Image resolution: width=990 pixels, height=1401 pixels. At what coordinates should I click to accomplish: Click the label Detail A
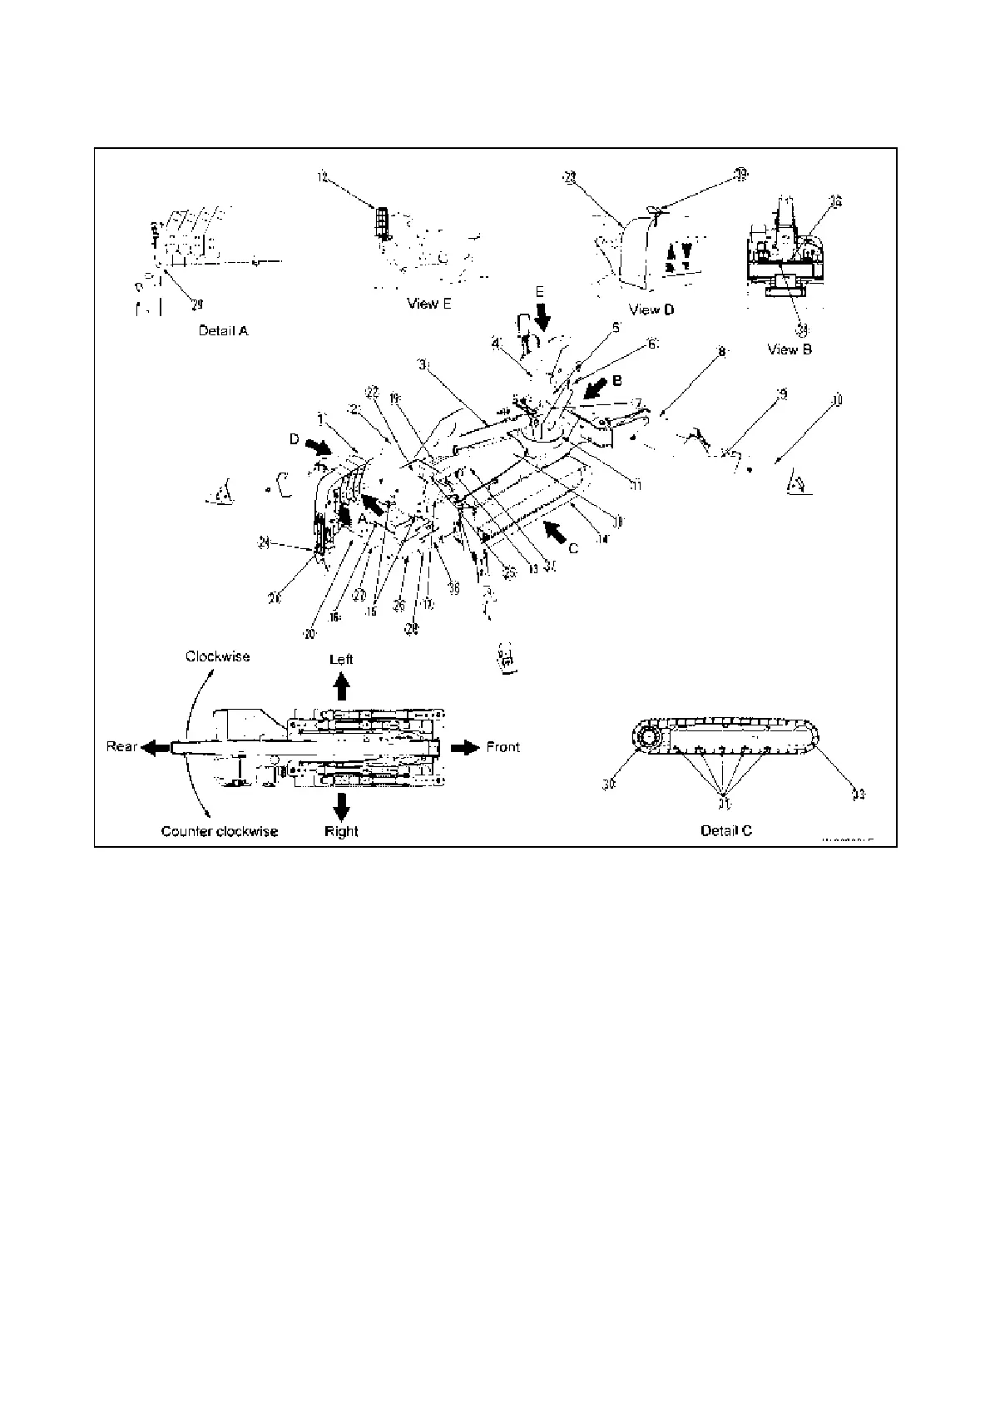[223, 330]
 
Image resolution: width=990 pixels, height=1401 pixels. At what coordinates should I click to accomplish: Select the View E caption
[429, 304]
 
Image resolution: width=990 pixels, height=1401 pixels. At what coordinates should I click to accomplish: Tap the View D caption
[651, 309]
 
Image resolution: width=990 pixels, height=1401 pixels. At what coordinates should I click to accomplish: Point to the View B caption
[789, 349]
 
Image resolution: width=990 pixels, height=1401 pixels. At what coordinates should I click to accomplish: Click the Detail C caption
[725, 830]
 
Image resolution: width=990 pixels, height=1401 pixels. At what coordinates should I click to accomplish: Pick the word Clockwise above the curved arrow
[217, 656]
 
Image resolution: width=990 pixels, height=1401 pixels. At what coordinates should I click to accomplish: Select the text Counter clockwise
[220, 831]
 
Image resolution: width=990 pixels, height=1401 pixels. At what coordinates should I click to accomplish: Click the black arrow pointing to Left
[341, 686]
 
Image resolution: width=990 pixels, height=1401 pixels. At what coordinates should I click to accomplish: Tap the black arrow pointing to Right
[341, 804]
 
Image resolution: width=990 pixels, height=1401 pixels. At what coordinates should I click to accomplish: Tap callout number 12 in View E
[323, 176]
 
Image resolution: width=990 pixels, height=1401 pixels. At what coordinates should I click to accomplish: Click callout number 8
[722, 353]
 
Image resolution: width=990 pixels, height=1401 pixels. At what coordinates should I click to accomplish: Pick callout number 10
[837, 401]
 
